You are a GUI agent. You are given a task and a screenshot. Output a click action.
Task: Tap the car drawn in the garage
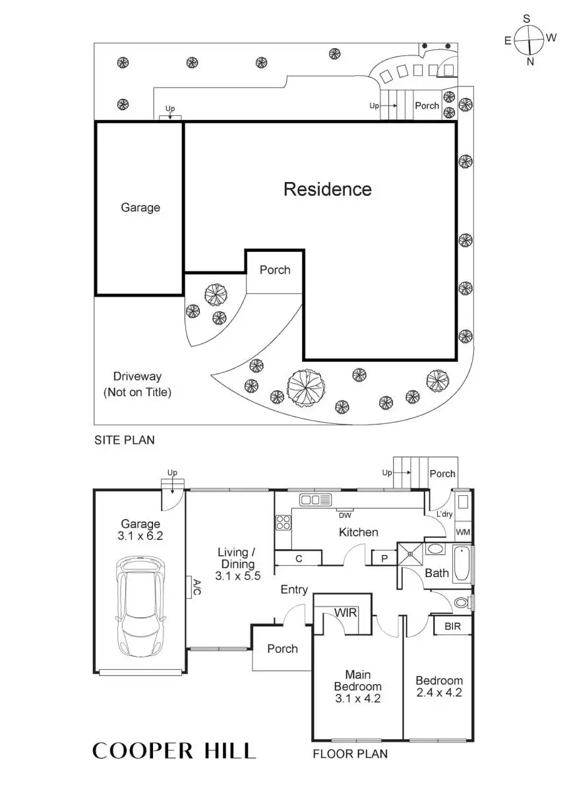tap(140, 607)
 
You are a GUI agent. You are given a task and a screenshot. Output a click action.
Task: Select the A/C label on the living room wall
tap(196, 587)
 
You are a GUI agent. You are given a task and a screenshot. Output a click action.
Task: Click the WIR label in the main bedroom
tap(345, 612)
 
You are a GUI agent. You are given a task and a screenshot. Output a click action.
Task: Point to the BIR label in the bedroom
tap(453, 626)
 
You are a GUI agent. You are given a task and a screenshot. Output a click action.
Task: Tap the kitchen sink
tap(316, 499)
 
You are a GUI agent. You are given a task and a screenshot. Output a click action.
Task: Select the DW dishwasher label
tap(345, 515)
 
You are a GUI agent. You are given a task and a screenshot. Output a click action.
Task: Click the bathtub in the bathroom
tap(463, 564)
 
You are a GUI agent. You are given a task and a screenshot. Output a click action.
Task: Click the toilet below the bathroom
tap(463, 602)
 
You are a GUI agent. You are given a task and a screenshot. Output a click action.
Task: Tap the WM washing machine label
tap(463, 531)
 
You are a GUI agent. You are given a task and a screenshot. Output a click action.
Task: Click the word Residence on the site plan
tap(327, 189)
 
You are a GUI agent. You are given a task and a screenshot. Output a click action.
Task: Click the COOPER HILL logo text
tap(173, 750)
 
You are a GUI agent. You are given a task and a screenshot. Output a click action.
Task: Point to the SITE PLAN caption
tap(124, 440)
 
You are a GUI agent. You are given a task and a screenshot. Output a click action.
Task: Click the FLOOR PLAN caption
tap(349, 753)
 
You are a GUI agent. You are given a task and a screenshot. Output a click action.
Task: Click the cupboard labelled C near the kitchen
tap(298, 558)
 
